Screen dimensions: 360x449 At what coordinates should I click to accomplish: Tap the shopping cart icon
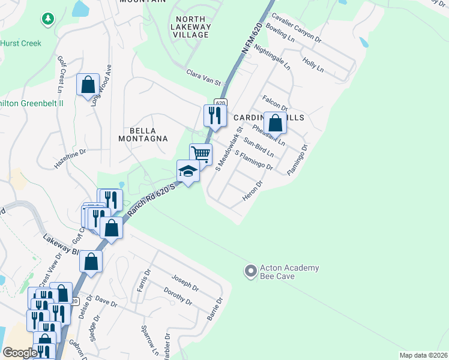point(200,154)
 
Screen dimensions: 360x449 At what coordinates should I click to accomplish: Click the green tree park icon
point(47,20)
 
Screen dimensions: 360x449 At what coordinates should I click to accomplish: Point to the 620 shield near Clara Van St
point(221,103)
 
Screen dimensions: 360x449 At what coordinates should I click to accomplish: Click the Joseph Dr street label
point(185,283)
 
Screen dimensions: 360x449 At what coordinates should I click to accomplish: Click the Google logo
point(20,353)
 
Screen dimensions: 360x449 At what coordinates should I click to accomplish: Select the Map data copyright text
point(423,355)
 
